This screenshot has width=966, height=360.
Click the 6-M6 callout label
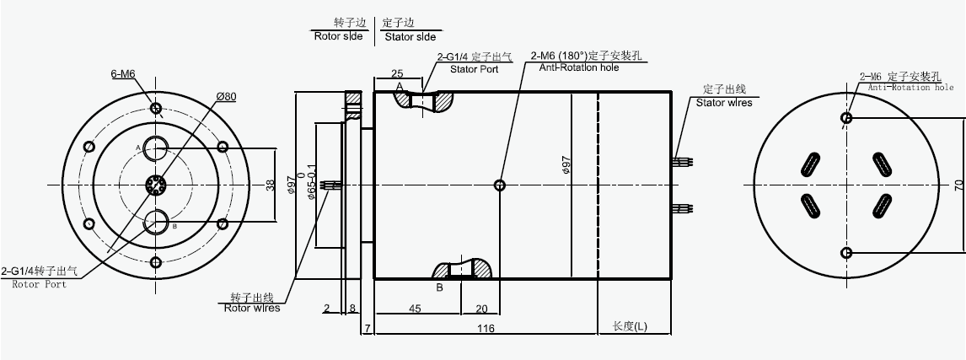pos(123,74)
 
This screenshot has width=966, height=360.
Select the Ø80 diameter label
pos(225,97)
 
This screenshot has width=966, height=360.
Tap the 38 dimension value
pos(270,185)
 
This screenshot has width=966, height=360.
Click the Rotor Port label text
pos(40,284)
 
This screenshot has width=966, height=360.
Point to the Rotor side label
pos(338,37)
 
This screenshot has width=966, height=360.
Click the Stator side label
pos(411,37)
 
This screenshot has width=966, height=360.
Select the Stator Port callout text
pos(474,69)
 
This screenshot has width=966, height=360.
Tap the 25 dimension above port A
pos(397,74)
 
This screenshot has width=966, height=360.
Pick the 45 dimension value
pos(415,309)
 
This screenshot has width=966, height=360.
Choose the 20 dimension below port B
pos(481,309)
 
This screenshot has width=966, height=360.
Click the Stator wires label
pos(723,103)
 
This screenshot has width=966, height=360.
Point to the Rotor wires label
pos(252,308)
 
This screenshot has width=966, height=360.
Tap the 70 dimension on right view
pos(958,185)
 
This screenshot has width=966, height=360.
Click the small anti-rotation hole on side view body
pos(501,185)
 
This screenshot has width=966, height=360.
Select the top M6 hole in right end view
pos(846,118)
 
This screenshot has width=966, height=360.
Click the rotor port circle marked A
pos(156,148)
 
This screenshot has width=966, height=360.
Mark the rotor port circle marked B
pos(156,223)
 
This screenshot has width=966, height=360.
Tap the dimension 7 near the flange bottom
pos(368,327)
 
